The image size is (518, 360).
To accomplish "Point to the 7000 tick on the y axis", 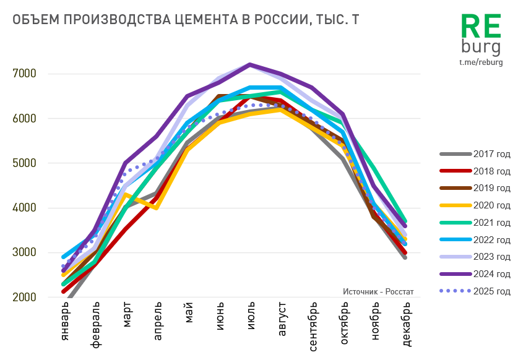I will [x=25, y=74].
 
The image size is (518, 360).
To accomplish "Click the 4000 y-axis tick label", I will [x=25, y=208].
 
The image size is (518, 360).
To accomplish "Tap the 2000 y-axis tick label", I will [x=25, y=298].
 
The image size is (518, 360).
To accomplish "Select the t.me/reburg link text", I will [x=481, y=62].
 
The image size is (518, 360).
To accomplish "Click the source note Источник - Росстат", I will [x=378, y=291].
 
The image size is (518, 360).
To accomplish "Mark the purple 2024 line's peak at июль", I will [x=249, y=64].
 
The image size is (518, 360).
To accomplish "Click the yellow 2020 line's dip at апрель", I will [x=156, y=207].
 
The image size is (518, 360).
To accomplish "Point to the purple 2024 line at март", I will [x=125, y=163].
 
